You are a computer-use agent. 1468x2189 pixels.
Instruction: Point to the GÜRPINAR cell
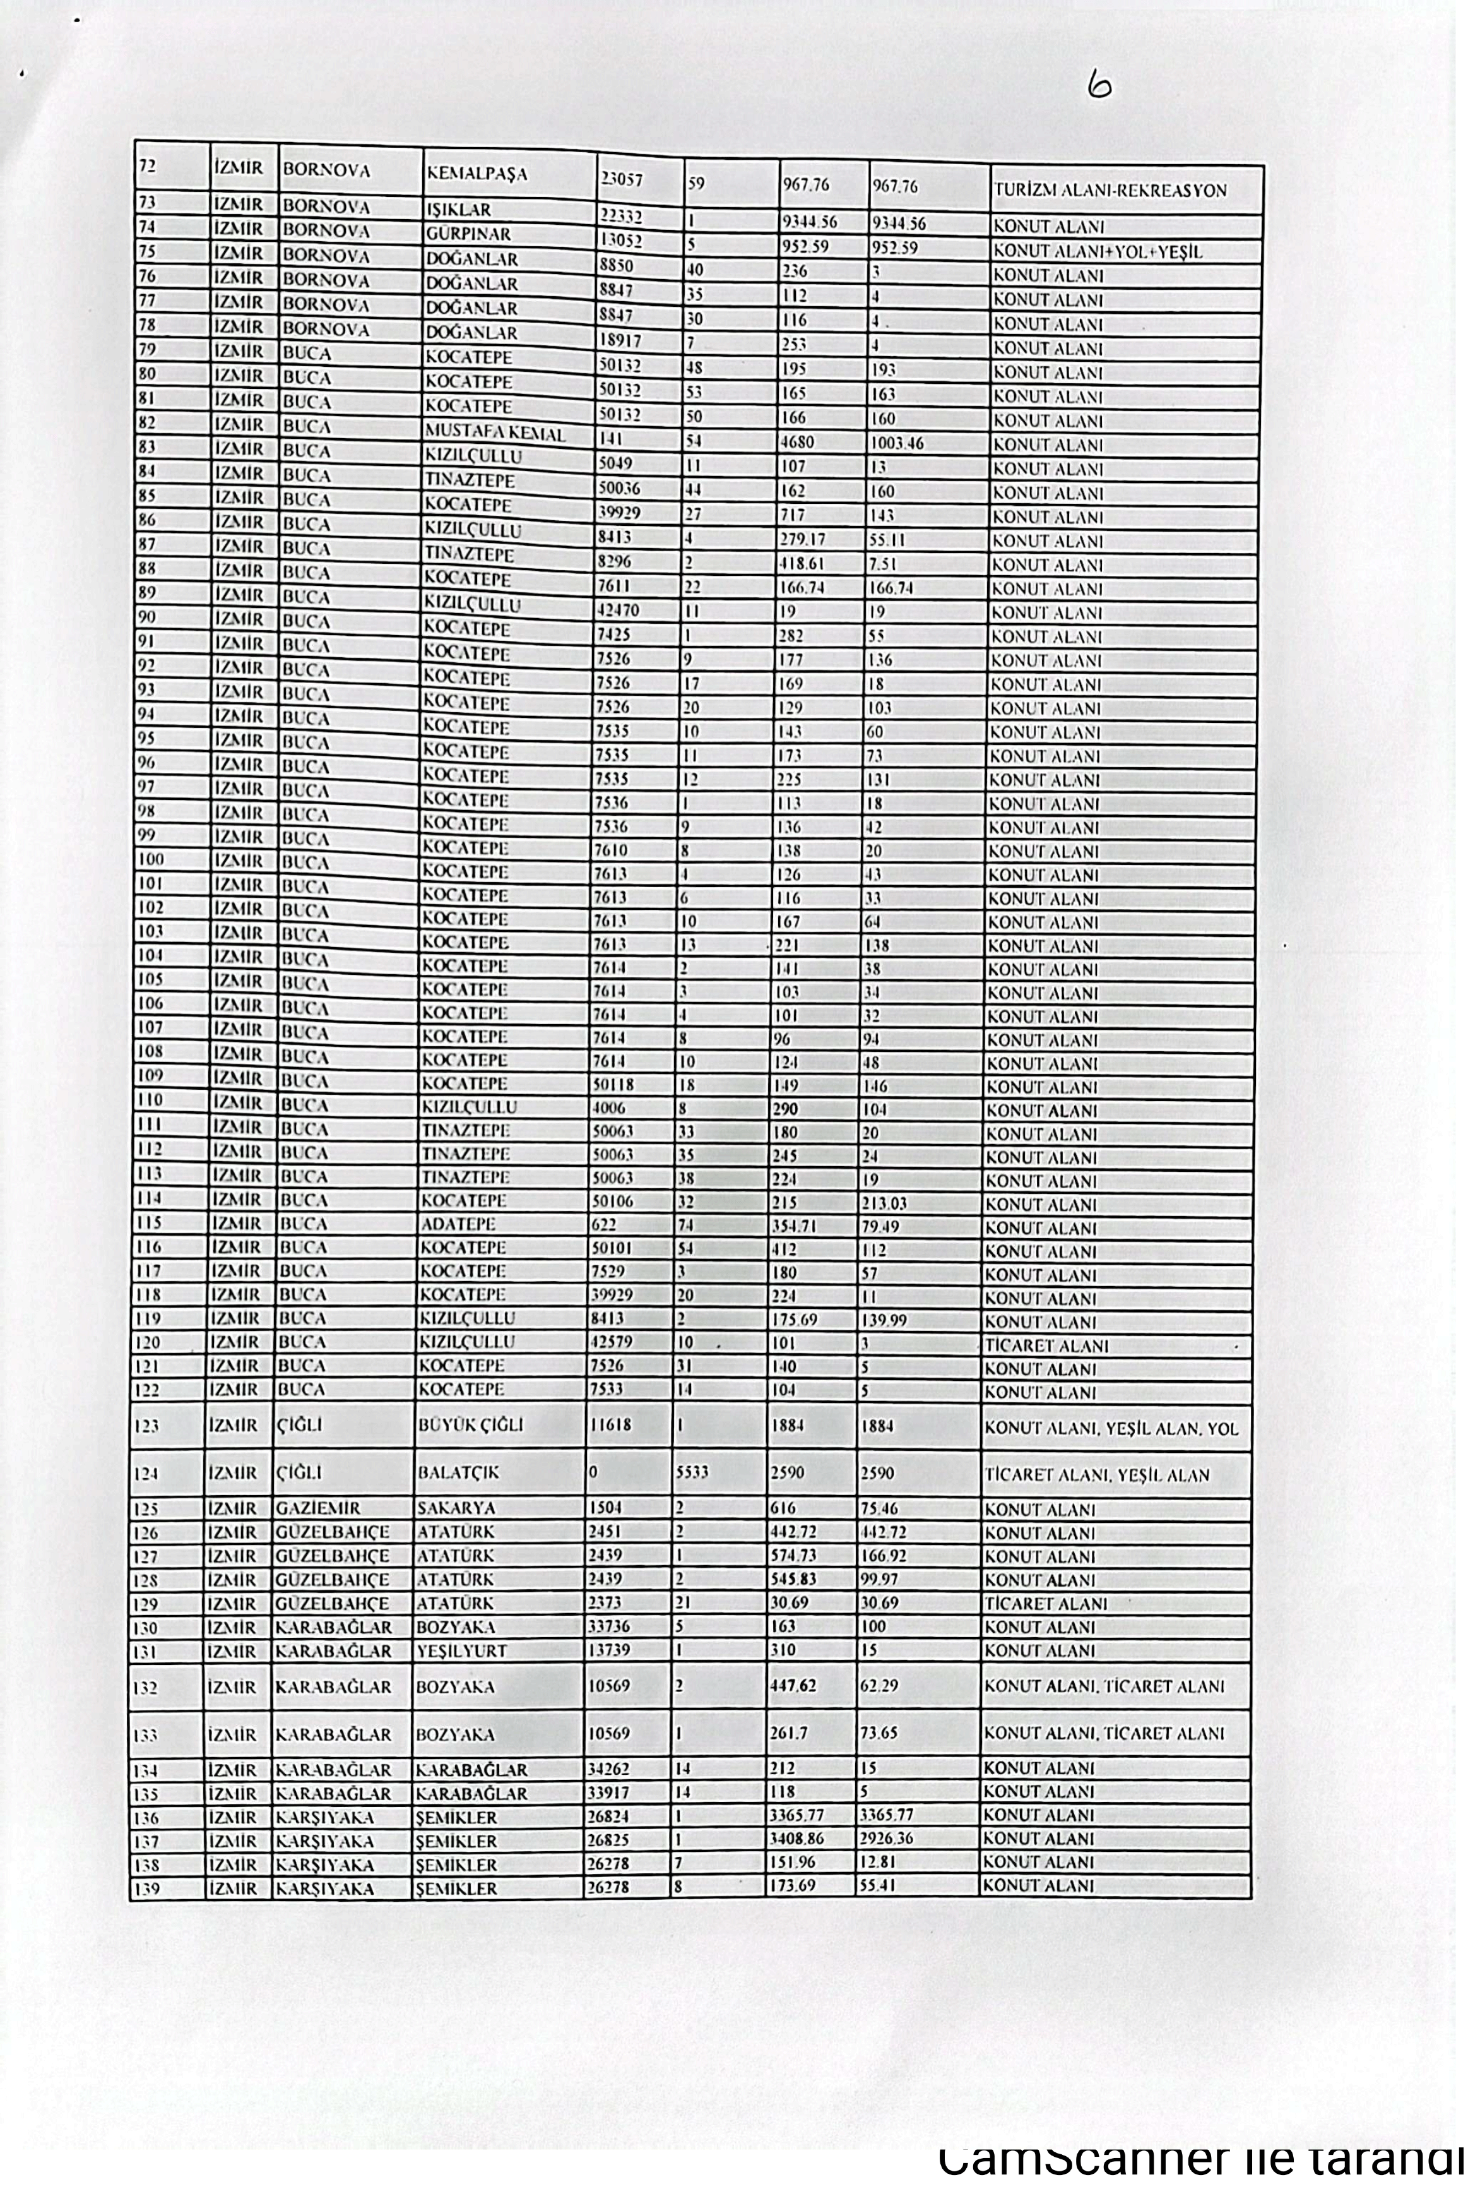468,233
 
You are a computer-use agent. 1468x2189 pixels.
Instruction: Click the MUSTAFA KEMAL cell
495,432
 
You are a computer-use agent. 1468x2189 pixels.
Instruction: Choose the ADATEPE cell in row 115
458,1223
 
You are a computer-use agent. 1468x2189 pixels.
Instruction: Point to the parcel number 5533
693,1472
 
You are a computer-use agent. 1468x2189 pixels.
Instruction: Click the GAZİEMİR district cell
317,1508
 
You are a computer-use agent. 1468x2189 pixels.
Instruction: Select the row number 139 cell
147,1889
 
